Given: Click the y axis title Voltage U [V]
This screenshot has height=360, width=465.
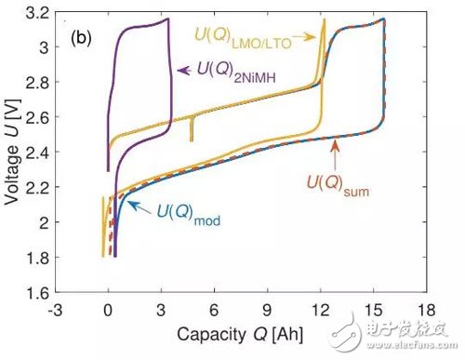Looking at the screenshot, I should (13, 153).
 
